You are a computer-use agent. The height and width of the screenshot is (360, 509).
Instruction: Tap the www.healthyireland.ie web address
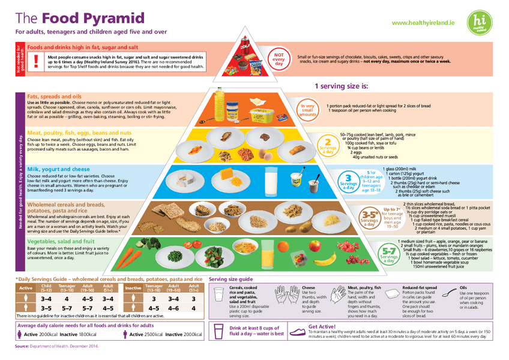point(423,22)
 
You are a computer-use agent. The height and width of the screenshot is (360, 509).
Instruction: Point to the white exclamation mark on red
point(36,61)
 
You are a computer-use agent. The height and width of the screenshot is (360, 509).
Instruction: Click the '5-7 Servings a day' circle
point(388,255)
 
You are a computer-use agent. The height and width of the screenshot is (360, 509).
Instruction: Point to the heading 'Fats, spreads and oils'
point(54,96)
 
